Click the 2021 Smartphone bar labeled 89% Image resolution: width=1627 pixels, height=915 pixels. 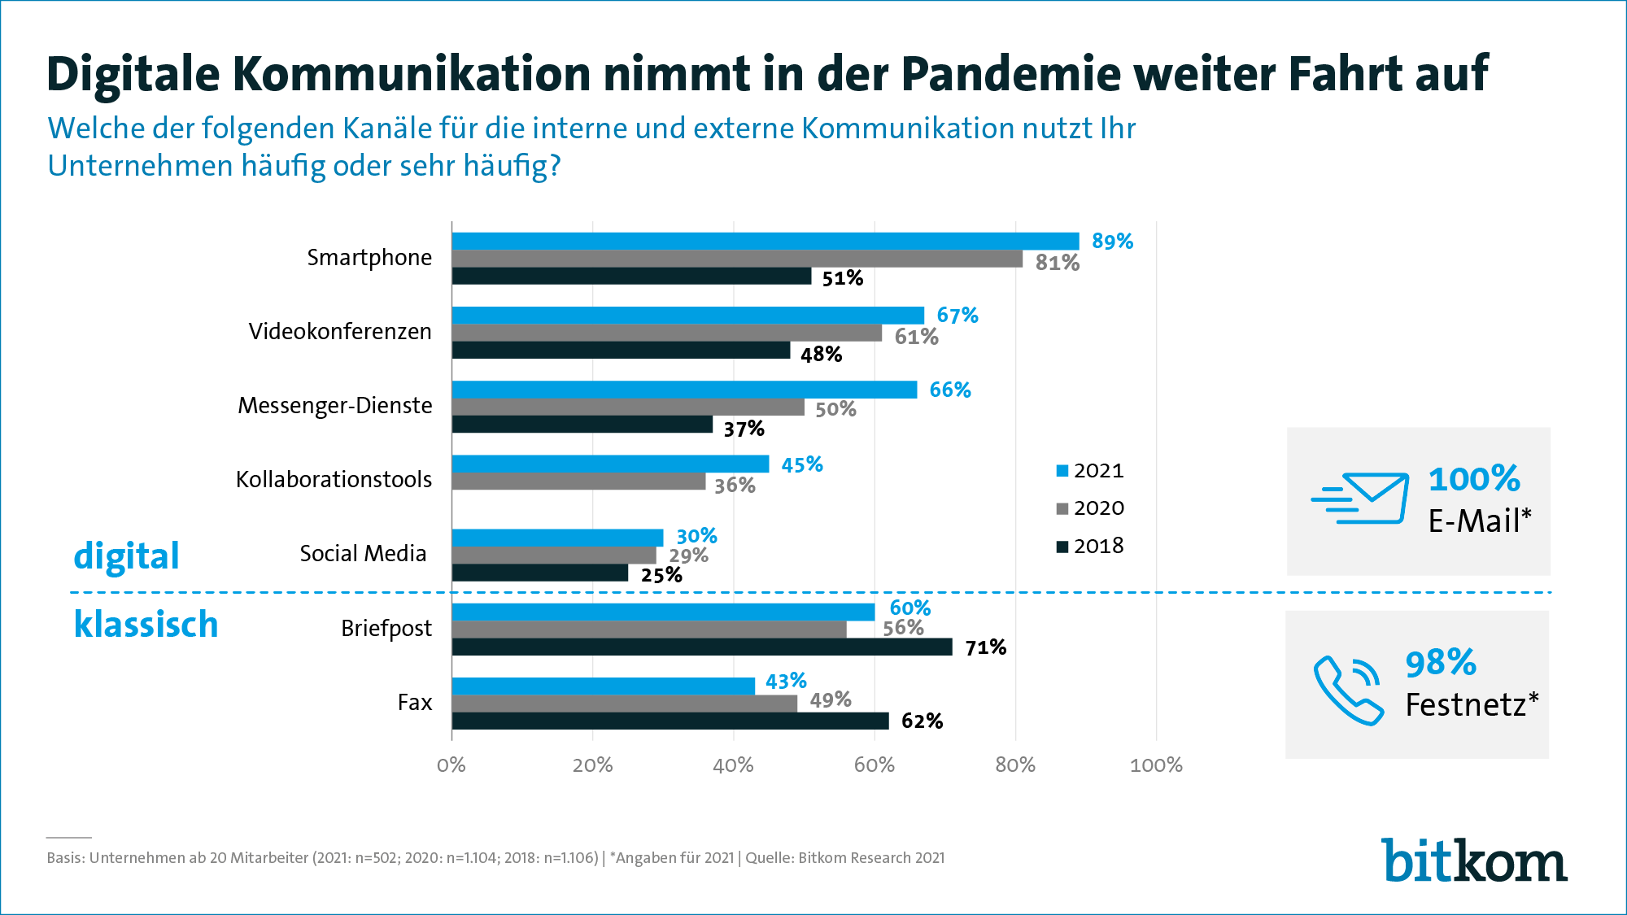point(765,242)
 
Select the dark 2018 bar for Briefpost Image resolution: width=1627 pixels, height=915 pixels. point(701,647)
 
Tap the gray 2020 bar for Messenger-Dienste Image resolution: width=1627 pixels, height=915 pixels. point(628,407)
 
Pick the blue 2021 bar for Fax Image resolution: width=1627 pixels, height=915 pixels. point(603,686)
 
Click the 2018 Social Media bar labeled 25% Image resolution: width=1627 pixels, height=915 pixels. point(539,573)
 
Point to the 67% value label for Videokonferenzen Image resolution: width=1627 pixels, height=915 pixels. point(957,316)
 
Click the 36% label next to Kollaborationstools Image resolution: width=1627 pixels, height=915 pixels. point(735,486)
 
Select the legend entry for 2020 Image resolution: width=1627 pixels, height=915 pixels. point(1090,508)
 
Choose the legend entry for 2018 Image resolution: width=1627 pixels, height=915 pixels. point(1090,546)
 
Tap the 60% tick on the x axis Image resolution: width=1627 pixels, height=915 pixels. point(875,765)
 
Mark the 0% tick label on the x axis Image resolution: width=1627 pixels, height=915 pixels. point(451,765)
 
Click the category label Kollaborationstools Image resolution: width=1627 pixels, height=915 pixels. point(334,480)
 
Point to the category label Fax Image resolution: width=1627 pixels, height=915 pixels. point(415,703)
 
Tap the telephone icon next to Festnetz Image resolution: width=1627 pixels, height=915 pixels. point(1348,690)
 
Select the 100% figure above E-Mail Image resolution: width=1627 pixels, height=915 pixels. point(1474,479)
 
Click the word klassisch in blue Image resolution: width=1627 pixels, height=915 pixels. point(146,625)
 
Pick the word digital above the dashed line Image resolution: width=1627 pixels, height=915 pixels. point(126,556)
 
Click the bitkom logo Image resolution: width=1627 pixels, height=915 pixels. point(1474,861)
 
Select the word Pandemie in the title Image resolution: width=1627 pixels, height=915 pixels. point(1011,74)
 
